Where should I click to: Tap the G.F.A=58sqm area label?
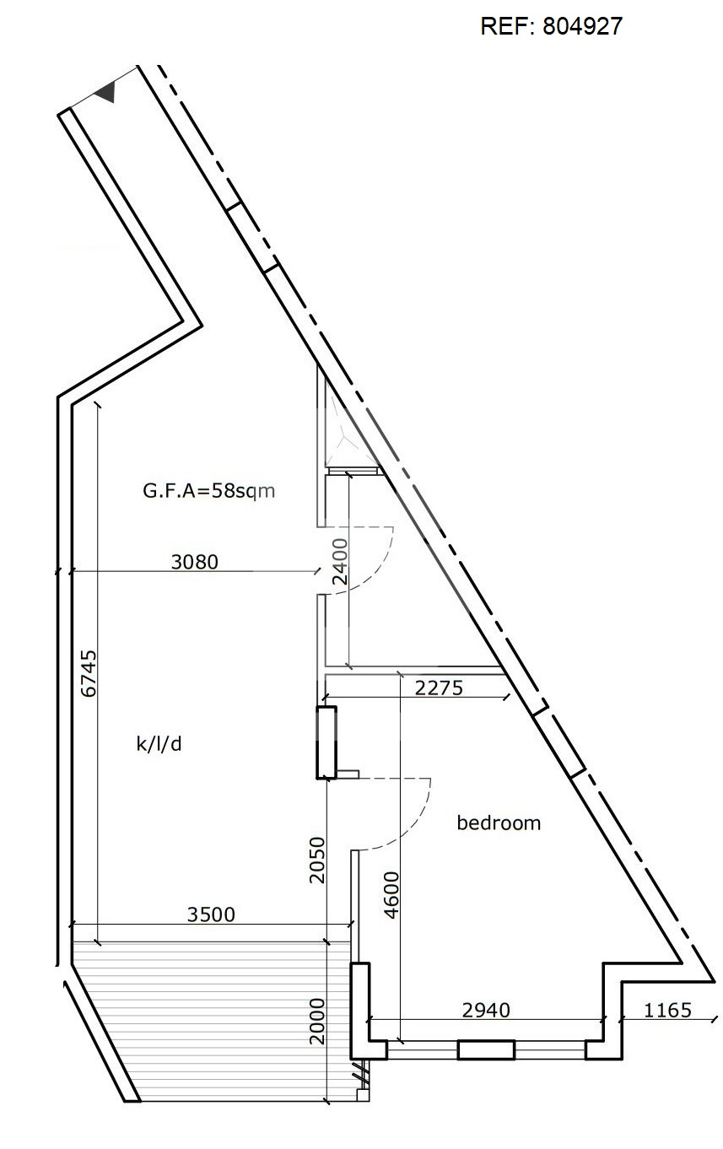209,491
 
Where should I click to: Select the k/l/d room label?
159,744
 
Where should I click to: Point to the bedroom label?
499,823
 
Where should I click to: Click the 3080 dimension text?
194,561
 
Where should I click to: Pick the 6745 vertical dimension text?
89,672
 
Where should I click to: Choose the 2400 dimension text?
339,563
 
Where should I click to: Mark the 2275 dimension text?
440,688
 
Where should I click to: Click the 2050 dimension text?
316,860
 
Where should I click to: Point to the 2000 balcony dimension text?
316,1022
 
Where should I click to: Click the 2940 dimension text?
487,1010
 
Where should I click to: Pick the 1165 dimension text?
667,1010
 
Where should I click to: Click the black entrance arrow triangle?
105,93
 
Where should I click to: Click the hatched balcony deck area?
211,1021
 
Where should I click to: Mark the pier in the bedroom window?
486,1050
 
